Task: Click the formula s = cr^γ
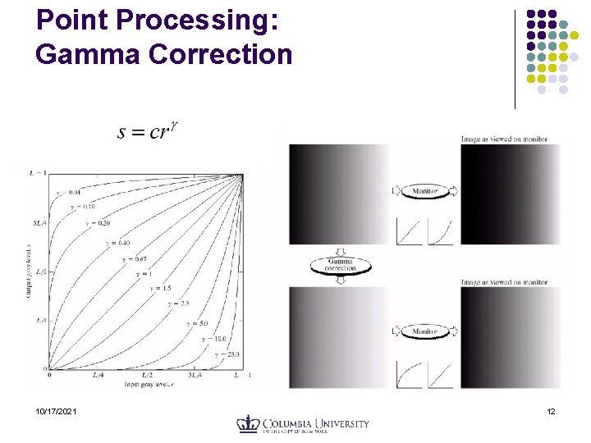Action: [147, 131]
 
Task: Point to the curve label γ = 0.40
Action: [114, 243]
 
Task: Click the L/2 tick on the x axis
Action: [146, 375]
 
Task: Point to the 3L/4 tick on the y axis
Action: [38, 222]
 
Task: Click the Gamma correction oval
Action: [341, 265]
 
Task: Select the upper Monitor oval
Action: [424, 191]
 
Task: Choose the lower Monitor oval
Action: [424, 331]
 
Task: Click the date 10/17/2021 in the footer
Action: [57, 411]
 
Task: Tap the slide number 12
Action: [551, 411]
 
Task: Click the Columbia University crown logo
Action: [248, 424]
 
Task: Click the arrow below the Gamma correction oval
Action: [341, 280]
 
